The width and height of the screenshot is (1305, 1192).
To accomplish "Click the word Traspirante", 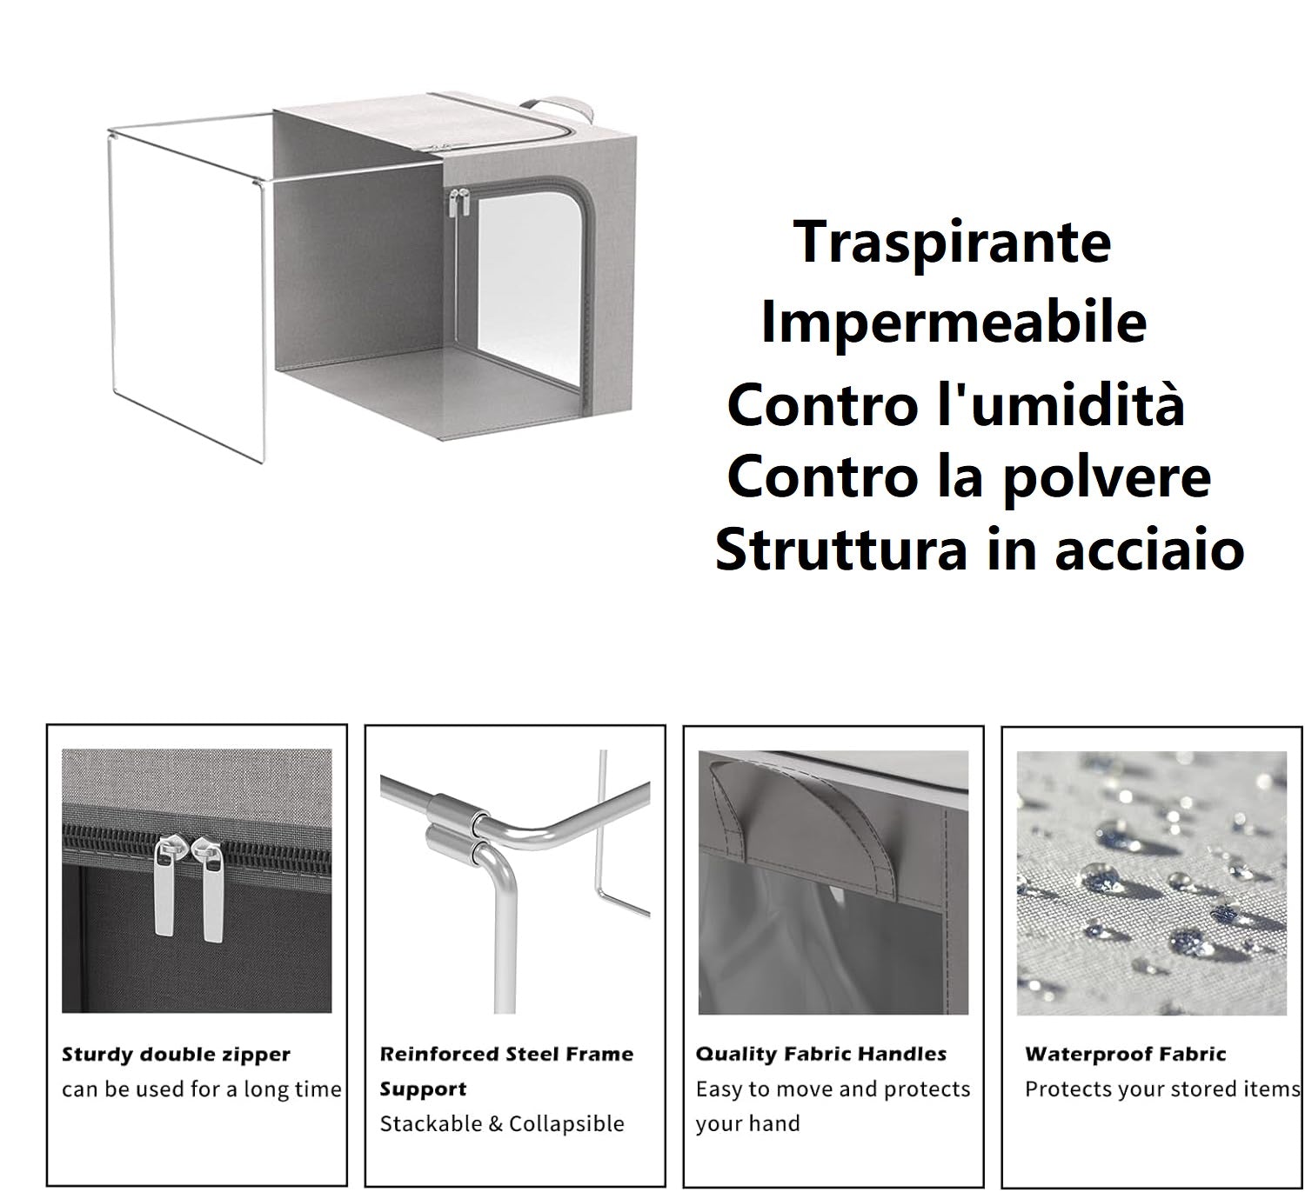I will [953, 243].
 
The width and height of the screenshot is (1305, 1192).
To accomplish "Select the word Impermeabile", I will [954, 323].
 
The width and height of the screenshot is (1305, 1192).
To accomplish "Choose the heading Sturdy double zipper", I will [176, 1055].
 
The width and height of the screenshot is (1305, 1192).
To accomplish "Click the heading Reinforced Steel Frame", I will [506, 1055].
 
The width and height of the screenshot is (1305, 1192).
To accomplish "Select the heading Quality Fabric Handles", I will [820, 1055].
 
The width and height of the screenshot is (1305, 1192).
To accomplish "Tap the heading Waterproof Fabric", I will [1125, 1055].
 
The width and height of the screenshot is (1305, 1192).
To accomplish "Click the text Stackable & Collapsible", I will [502, 1123].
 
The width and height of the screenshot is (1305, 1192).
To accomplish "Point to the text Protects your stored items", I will [1161, 1089].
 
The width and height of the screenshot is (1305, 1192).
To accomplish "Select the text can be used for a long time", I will [202, 1089].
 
